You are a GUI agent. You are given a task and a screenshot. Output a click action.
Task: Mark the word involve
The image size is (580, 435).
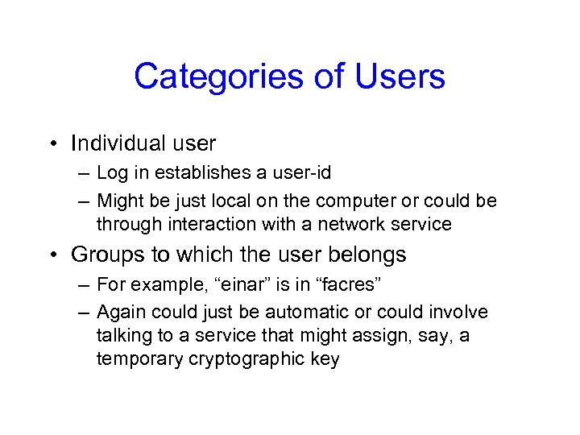point(460,312)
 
